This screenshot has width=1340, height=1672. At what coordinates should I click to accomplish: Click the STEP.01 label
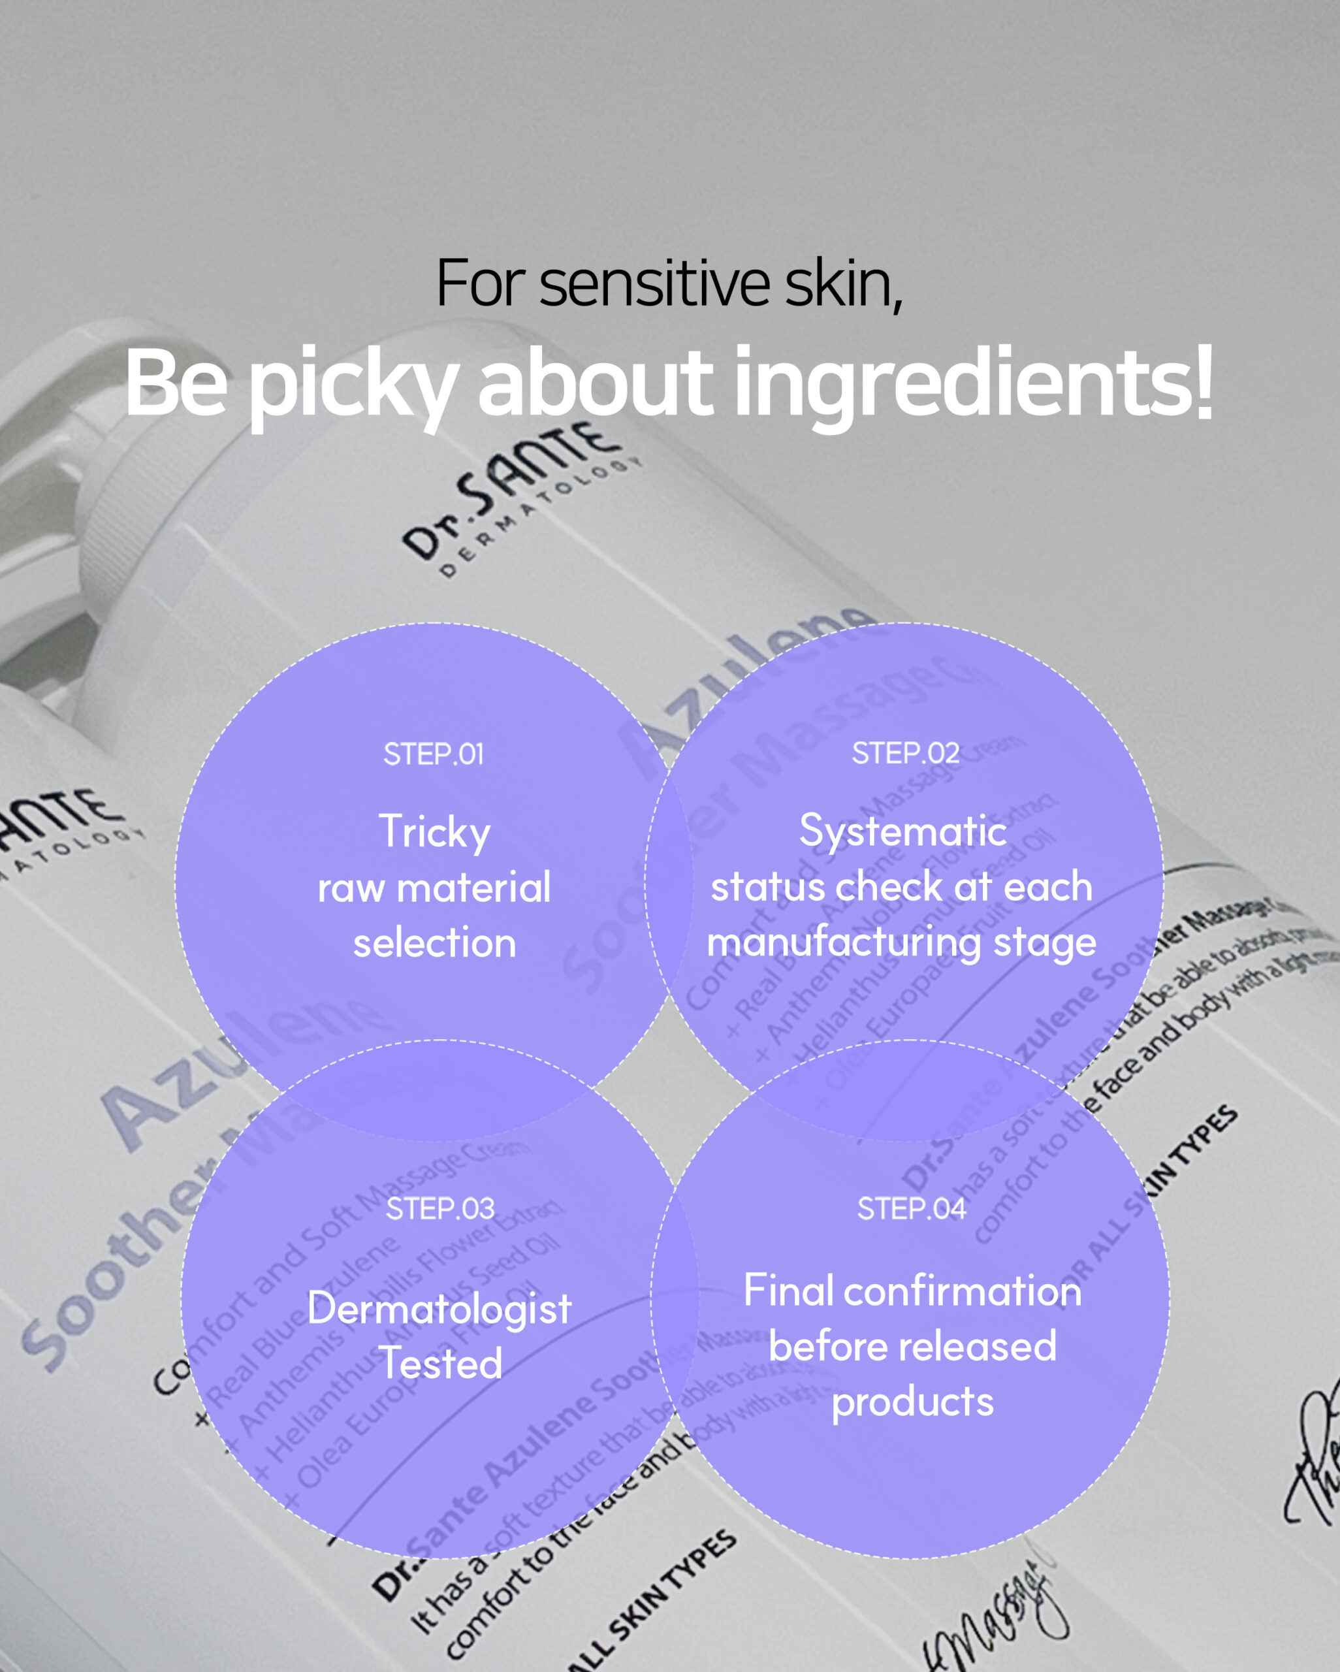pos(434,754)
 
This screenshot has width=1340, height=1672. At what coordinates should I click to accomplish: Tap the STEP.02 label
pos(905,753)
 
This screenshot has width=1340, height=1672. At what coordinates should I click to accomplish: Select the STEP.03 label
pos(439,1208)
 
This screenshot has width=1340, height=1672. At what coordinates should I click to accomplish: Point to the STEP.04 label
pos(911,1208)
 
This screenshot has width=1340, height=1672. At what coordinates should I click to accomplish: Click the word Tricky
pos(434,832)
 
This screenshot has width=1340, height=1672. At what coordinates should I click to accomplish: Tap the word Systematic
pos(902,831)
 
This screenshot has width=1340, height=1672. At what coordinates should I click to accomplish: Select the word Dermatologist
pos(439,1308)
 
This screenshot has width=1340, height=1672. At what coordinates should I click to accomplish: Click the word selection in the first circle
pos(434,943)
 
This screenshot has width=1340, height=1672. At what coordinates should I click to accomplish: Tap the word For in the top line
pos(481,284)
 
